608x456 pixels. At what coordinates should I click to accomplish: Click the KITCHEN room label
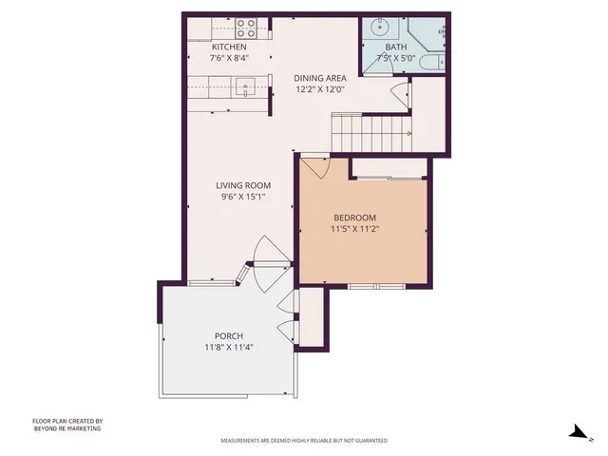tap(229, 47)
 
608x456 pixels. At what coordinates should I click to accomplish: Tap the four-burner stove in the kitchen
tap(246, 27)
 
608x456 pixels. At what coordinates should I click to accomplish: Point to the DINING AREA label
tap(318, 78)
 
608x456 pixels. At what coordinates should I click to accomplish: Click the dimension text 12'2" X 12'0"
tap(318, 90)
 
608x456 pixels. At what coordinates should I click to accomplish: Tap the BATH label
tap(395, 47)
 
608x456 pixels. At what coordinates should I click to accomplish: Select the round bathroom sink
tap(378, 26)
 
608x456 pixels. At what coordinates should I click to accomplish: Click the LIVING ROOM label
tap(243, 185)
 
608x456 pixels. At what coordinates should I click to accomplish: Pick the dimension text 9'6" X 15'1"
tap(243, 198)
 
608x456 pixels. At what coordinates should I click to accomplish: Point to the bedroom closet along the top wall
tap(389, 168)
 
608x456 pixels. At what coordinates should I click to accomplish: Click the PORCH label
tap(229, 335)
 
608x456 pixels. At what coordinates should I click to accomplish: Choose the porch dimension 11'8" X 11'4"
tap(229, 348)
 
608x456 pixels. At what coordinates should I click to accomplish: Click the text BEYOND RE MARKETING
tap(66, 428)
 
